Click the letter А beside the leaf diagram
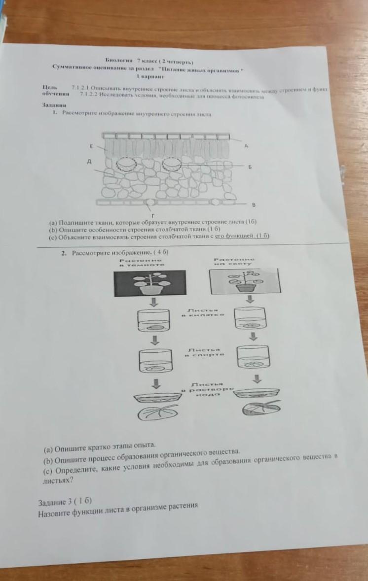tap(246, 146)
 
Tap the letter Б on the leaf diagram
tap(250, 167)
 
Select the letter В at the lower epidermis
tap(254, 204)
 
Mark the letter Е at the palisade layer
tap(91, 146)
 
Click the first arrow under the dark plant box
tap(154, 302)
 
